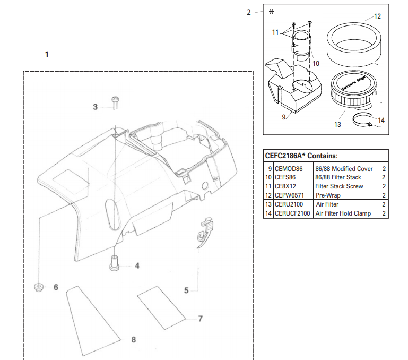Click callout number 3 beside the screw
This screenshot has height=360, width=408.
click(x=96, y=107)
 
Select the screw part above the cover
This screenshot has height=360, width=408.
click(x=115, y=102)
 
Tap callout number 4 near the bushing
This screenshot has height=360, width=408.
click(x=137, y=265)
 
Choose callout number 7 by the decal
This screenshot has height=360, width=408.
click(x=200, y=319)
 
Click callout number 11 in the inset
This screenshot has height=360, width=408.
click(x=275, y=32)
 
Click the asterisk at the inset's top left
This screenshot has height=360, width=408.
click(x=272, y=12)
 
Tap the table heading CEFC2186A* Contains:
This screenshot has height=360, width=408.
click(x=301, y=156)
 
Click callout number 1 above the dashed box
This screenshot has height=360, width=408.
click(x=47, y=54)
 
